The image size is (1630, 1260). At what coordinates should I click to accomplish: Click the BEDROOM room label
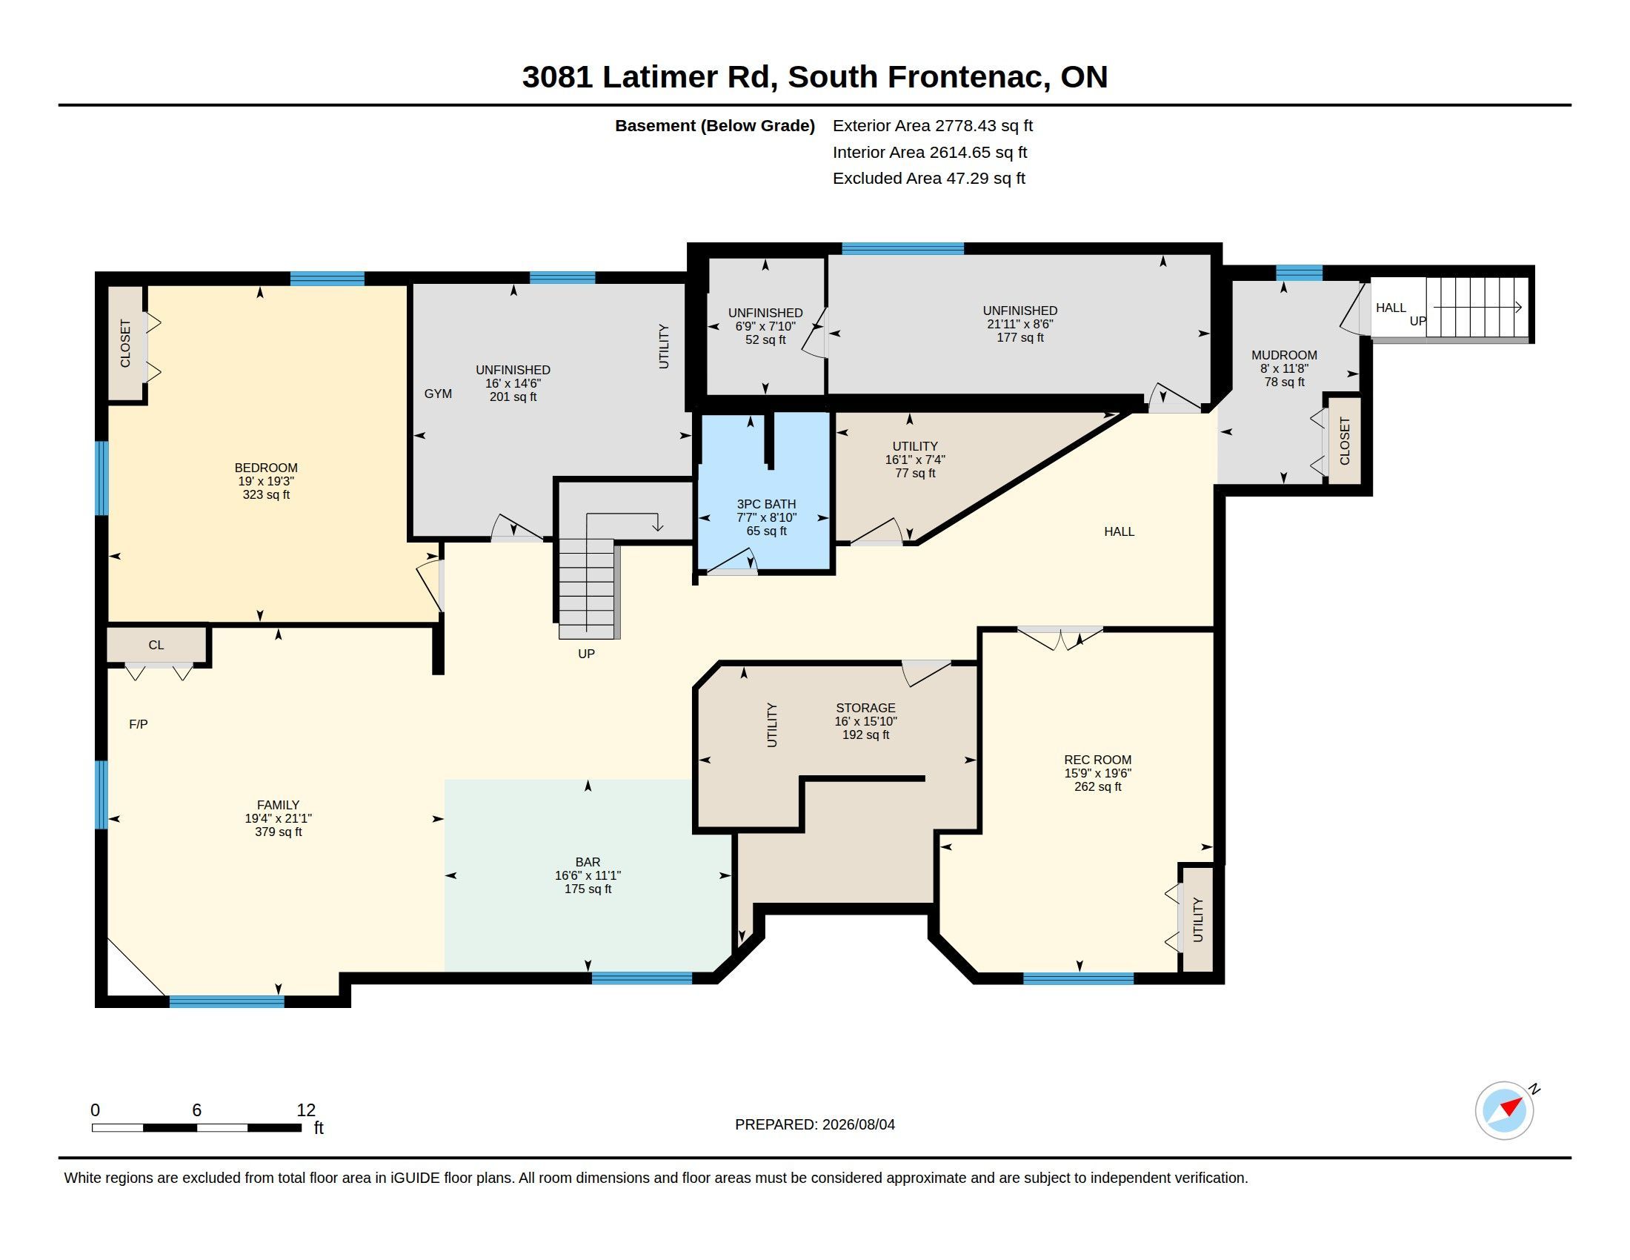click(x=266, y=468)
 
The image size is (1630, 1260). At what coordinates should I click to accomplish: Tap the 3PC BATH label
click(x=767, y=504)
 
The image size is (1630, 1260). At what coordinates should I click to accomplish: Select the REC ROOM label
click(x=1097, y=760)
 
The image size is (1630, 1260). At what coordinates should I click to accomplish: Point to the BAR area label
click(x=588, y=862)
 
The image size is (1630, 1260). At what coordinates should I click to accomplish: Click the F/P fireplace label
click(x=138, y=724)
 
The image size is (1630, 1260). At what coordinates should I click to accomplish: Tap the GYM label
click(x=438, y=394)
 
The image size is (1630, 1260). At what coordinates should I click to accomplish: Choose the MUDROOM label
click(x=1284, y=355)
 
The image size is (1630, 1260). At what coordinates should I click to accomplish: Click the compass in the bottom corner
click(x=1505, y=1111)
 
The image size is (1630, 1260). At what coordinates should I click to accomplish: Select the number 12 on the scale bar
click(x=306, y=1110)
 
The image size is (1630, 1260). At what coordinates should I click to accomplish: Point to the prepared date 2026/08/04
click(x=858, y=1124)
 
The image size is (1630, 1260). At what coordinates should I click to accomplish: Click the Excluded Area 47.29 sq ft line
click(x=929, y=179)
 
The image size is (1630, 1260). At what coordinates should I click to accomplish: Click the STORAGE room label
click(x=865, y=708)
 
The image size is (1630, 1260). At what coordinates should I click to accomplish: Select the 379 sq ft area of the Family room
click(x=279, y=832)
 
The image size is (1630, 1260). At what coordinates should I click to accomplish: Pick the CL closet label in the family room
click(x=156, y=645)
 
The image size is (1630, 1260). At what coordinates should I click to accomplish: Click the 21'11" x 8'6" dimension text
click(x=1020, y=324)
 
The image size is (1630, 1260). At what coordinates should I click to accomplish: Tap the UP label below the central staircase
click(x=587, y=654)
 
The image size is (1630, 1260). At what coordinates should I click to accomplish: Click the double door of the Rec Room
click(x=1059, y=638)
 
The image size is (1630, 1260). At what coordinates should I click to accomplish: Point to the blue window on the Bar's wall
click(x=642, y=978)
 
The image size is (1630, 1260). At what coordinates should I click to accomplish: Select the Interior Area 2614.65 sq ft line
click(x=930, y=152)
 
